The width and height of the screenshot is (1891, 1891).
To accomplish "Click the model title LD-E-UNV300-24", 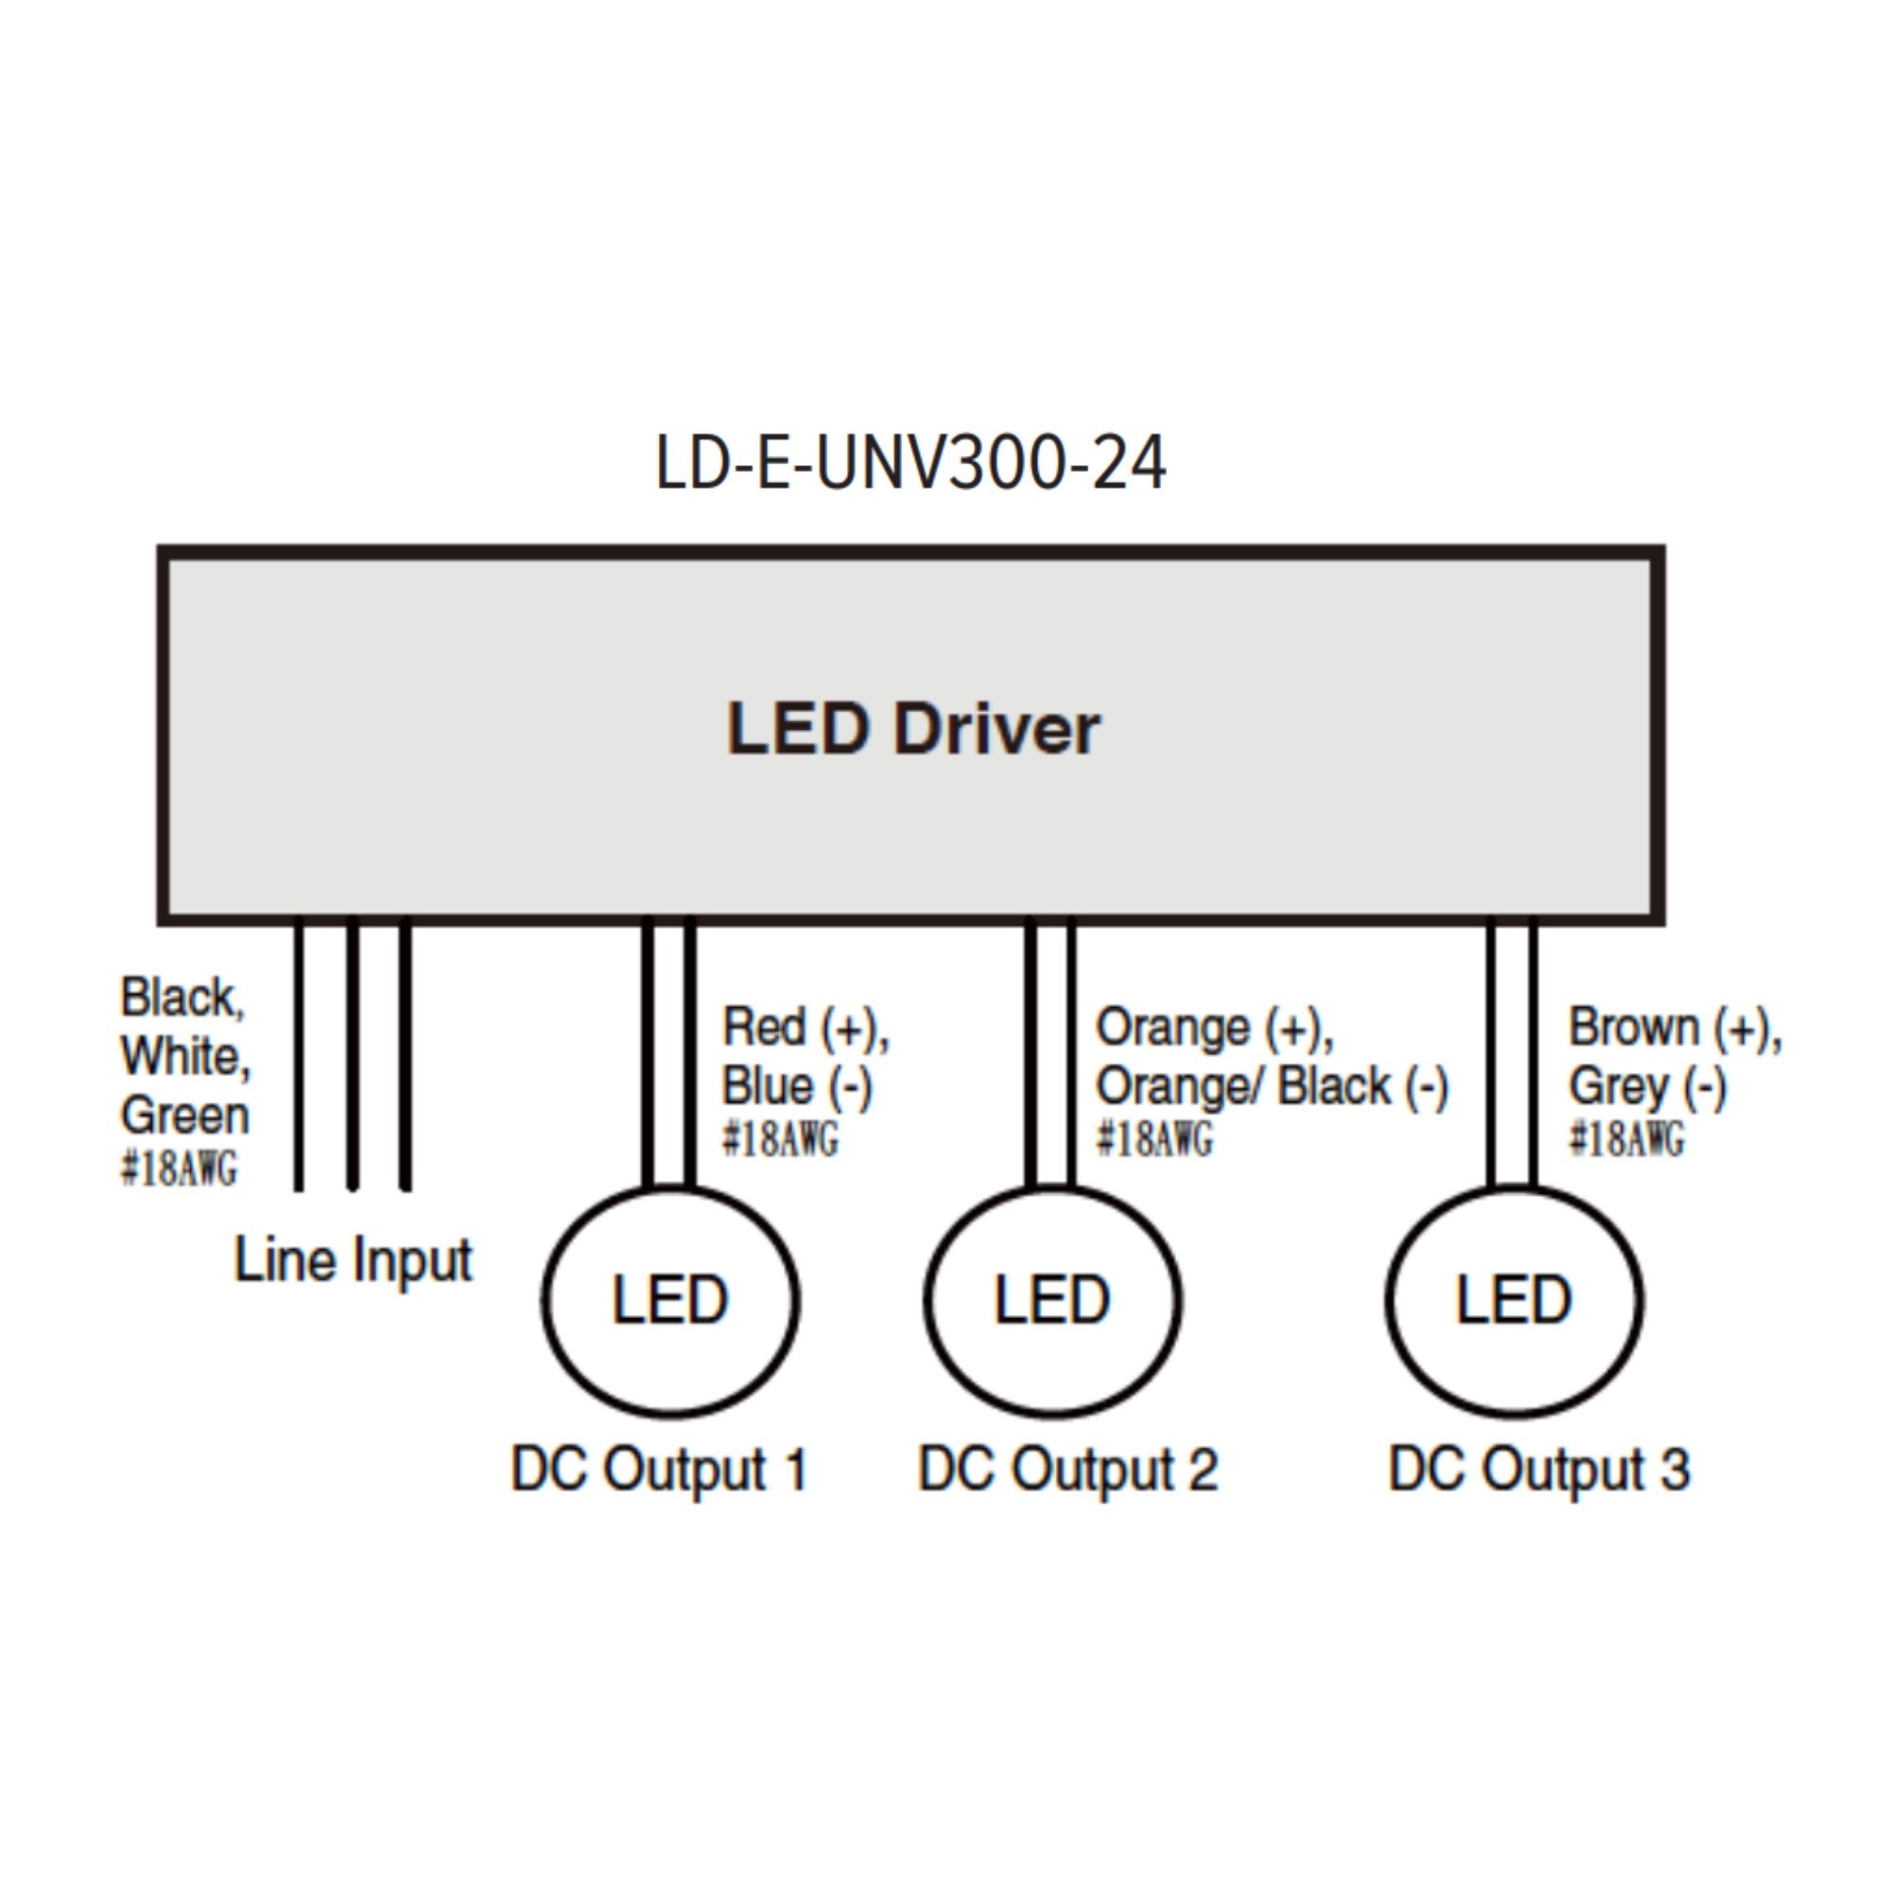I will pos(911,463).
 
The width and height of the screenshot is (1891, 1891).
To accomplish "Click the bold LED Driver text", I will pos(913,730).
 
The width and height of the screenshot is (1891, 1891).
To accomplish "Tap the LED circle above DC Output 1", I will pos(670,1301).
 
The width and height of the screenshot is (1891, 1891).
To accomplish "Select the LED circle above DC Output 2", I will pos(1053,1301).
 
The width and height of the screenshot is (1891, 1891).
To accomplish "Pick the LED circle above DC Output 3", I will pos(1514,1301).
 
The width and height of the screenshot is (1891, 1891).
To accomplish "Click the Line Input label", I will pos(354,1259).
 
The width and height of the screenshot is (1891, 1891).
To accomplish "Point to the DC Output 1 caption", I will pos(660,1470).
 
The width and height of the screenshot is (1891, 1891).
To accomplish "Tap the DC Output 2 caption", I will pos(1067,1470).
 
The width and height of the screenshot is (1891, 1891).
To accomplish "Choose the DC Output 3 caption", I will pos(1538,1470).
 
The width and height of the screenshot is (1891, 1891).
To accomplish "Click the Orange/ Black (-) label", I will pos(1272,1086).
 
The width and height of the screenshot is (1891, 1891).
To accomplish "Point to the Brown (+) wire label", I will pos(1674,1029).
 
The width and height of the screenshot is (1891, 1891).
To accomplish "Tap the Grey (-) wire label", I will pos(1647,1086).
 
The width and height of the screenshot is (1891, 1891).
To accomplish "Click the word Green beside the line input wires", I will pos(185,1116).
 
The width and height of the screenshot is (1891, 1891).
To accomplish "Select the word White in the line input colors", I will pos(185,1057).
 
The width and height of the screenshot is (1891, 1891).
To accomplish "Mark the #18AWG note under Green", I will pos(179,1169).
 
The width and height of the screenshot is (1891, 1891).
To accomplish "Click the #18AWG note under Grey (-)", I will pos(1626,1139).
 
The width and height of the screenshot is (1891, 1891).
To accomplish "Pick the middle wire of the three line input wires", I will pos(353,1057).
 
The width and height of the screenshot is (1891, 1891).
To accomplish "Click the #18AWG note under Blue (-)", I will pos(780,1139).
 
